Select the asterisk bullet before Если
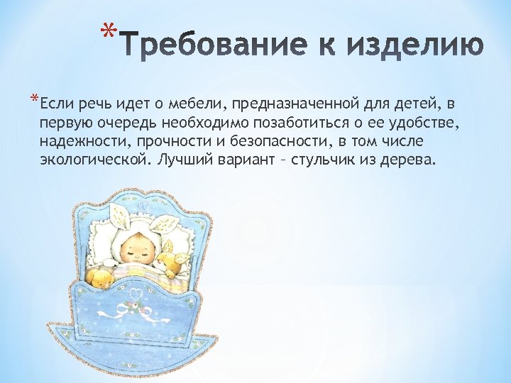tap(35, 99)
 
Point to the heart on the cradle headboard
tap(145, 206)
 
